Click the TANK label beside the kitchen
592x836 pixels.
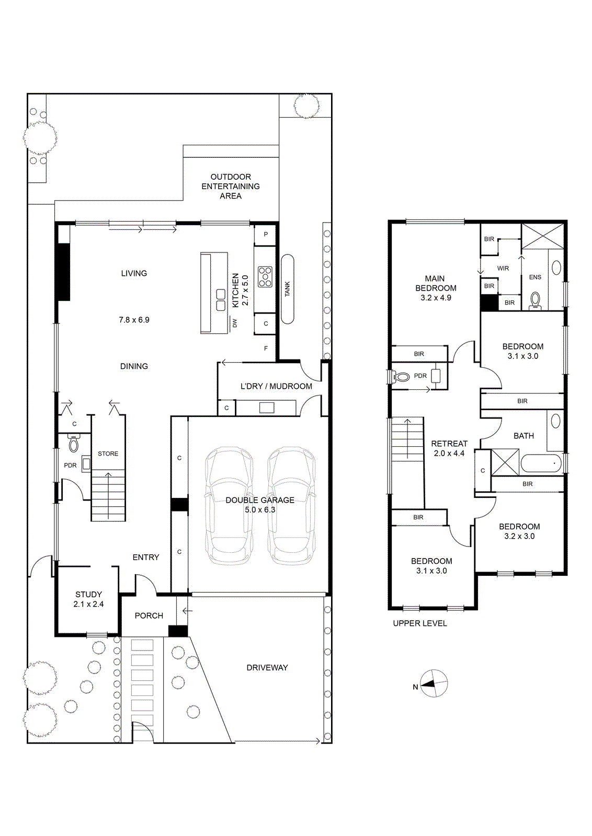point(287,289)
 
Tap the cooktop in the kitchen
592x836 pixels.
point(265,276)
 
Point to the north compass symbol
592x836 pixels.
point(433,684)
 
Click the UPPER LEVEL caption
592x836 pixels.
point(420,623)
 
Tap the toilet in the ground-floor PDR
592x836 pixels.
point(74,443)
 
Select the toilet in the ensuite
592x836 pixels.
point(535,301)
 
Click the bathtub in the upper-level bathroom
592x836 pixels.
point(541,463)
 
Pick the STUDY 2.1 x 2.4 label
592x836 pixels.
point(88,599)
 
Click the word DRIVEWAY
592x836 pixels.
point(267,667)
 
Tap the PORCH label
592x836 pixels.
point(149,616)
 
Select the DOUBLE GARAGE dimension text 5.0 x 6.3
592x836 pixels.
point(260,509)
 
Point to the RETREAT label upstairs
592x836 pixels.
point(449,444)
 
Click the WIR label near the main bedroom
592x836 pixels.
point(503,268)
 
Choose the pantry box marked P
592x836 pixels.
point(266,235)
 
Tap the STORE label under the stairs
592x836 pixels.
point(108,454)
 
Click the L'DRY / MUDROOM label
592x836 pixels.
point(277,386)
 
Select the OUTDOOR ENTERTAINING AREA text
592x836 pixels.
point(231,186)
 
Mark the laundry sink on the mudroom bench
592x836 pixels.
point(267,408)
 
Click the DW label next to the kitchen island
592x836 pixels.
point(235,322)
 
